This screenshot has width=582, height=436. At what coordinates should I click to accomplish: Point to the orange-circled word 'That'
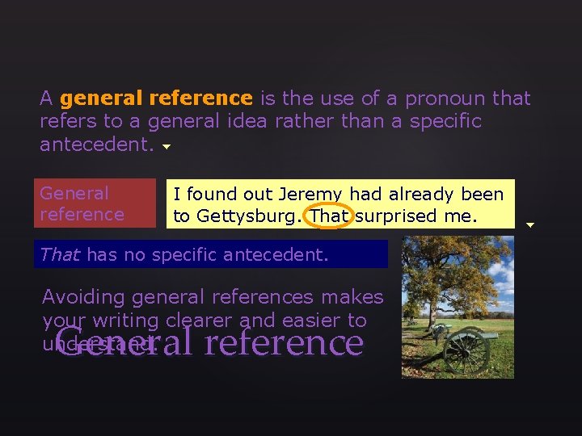pyautogui.click(x=329, y=216)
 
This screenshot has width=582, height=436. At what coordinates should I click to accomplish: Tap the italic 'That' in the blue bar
pyautogui.click(x=60, y=255)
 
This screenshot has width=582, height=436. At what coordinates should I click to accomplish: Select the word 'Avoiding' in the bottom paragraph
pyautogui.click(x=83, y=297)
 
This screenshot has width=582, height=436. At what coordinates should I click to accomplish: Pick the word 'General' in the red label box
pyautogui.click(x=74, y=194)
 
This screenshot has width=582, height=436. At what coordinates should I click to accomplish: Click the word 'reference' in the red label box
pyautogui.click(x=82, y=215)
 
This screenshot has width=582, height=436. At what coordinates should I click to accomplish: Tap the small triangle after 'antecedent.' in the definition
pyautogui.click(x=167, y=148)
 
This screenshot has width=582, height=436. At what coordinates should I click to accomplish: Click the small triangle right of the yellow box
pyautogui.click(x=530, y=225)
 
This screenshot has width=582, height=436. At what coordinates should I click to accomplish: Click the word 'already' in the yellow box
pyautogui.click(x=425, y=195)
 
